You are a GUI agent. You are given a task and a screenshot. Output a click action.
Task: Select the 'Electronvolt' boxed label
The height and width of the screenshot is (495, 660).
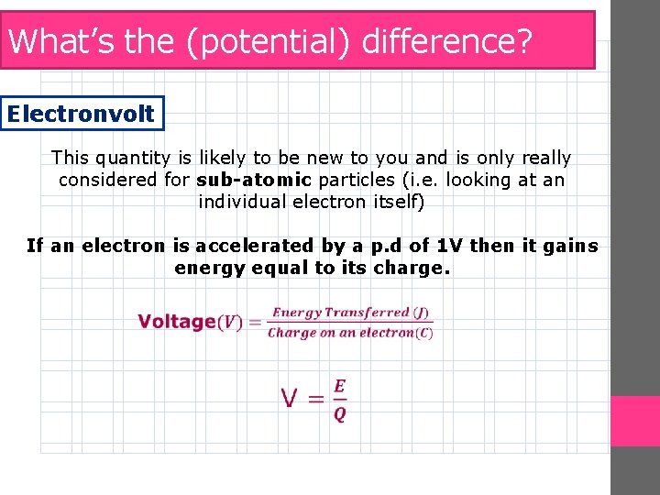pyautogui.click(x=82, y=115)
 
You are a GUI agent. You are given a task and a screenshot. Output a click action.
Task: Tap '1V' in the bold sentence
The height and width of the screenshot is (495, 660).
pyautogui.click(x=448, y=246)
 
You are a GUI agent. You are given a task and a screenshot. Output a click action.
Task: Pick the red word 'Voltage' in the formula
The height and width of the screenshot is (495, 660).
pyautogui.click(x=176, y=322)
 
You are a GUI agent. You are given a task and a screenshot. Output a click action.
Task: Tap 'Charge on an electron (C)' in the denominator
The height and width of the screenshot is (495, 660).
pyautogui.click(x=350, y=333)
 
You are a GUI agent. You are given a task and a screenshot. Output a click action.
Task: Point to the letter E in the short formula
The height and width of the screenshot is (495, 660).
pyautogui.click(x=339, y=387)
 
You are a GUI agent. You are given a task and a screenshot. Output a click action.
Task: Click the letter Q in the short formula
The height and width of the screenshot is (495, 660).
pyautogui.click(x=339, y=414)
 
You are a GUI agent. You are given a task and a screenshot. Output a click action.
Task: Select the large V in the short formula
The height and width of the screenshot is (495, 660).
pyautogui.click(x=291, y=399)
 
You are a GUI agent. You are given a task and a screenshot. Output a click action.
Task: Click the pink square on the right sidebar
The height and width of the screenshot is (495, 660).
pyautogui.click(x=635, y=422)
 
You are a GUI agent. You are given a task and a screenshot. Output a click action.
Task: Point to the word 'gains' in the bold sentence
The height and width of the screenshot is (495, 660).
pyautogui.click(x=572, y=246)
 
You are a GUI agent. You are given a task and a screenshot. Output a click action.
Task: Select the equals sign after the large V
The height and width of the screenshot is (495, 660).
pyautogui.click(x=315, y=399)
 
